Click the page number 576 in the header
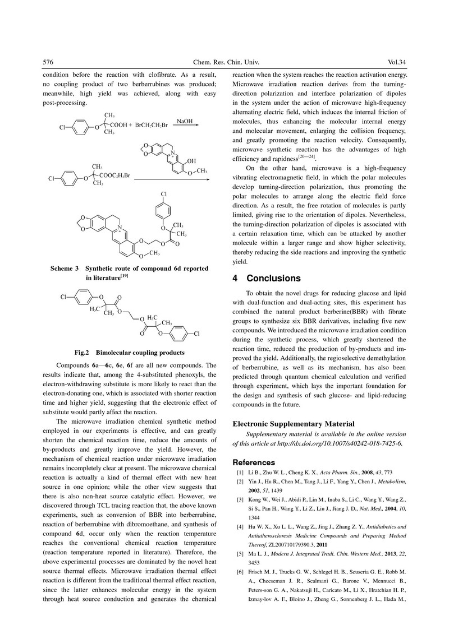(x=49, y=62)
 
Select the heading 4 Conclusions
(x=267, y=279)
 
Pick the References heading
(x=254, y=462)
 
